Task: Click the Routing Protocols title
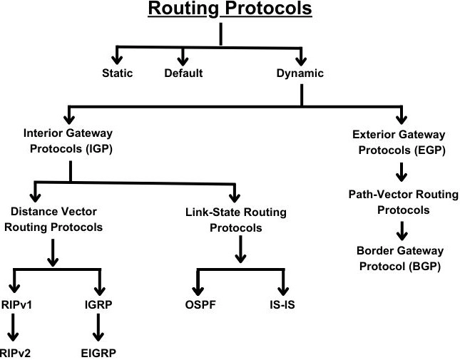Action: point(230,9)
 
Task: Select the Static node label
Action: point(118,73)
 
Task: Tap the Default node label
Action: point(183,73)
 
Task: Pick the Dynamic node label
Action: point(300,73)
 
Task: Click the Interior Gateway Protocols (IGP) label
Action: point(68,141)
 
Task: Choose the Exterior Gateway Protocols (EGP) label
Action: point(399,143)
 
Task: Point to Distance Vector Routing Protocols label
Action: point(53,220)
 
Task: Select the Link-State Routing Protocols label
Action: point(236,220)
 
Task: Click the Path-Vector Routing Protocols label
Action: point(404,202)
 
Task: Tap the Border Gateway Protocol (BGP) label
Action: point(400,259)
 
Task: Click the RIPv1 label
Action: point(16,304)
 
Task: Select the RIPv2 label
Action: point(15,353)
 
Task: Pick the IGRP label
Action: point(98,304)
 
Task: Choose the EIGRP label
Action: point(98,353)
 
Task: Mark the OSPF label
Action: point(200,304)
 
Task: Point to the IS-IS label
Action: point(282,304)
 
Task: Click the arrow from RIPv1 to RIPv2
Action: point(13,328)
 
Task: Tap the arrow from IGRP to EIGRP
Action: point(98,328)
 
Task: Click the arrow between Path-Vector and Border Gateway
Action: point(402,231)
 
